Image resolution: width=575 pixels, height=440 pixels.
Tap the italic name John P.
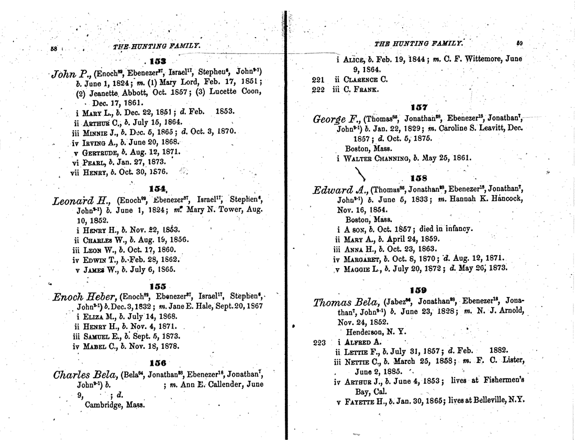[x=71, y=73]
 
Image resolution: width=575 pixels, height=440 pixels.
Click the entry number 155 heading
[x=157, y=286]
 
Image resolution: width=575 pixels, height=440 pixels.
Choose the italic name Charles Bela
[x=86, y=375]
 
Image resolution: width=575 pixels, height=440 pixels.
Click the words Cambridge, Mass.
[x=114, y=404]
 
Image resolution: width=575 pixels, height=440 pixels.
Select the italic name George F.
[x=336, y=119]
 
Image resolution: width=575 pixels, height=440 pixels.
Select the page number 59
[x=519, y=43]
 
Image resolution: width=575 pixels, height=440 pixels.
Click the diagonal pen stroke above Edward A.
[x=360, y=172]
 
